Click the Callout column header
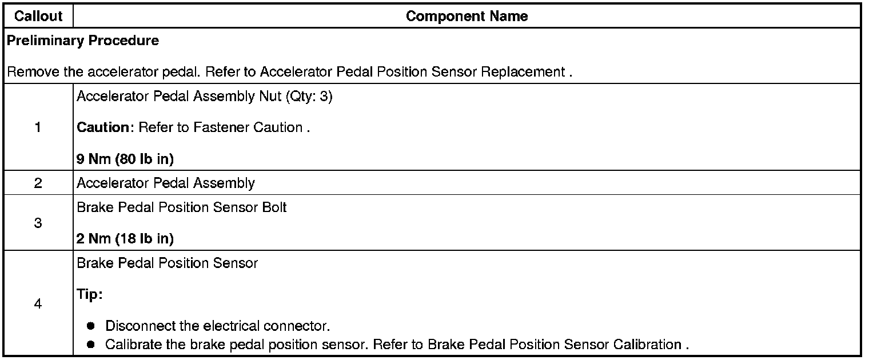tap(38, 17)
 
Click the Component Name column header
tap(467, 17)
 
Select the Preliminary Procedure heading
tap(83, 41)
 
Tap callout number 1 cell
tap(38, 127)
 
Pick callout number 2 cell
tap(38, 183)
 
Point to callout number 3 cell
tap(38, 223)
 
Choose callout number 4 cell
tap(38, 304)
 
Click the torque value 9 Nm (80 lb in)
tap(125, 159)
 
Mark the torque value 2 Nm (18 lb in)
tap(125, 239)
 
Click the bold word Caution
tap(103, 127)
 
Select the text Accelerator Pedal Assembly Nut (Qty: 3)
tap(204, 97)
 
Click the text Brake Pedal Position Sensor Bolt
tap(181, 207)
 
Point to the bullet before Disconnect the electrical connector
tap(91, 326)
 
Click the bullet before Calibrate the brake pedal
tap(91, 345)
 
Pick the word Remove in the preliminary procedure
tap(28, 73)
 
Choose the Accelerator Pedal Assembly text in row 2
tap(165, 183)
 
